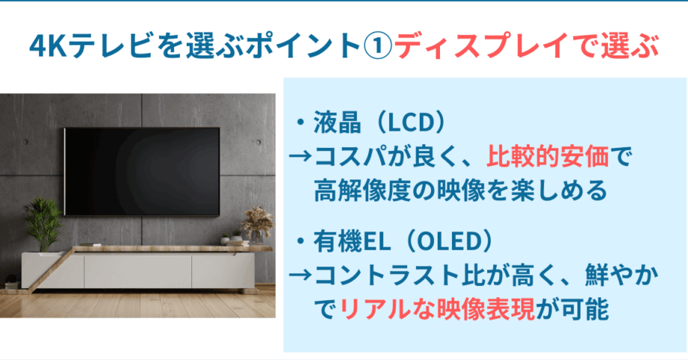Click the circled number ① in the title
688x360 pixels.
point(378,46)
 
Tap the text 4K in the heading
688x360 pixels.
point(48,46)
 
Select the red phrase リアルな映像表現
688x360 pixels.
point(437,309)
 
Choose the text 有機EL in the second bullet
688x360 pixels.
point(352,242)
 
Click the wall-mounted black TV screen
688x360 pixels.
point(142,172)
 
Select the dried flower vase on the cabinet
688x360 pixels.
point(257,226)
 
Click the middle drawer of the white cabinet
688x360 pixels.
point(137,270)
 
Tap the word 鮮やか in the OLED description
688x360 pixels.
point(622,276)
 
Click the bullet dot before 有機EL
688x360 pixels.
point(300,242)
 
